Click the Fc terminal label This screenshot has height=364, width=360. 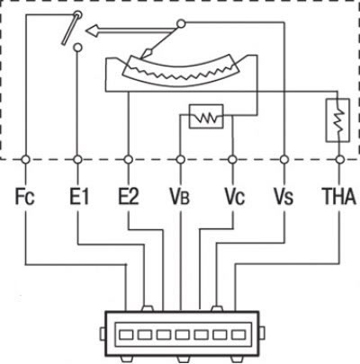[25, 197]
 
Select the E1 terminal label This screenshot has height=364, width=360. [77, 197]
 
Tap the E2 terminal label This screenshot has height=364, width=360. [129, 197]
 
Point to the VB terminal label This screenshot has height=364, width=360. [180, 197]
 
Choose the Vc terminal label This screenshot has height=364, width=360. [235, 197]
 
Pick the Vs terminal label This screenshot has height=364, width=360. [283, 197]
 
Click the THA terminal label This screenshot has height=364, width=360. [339, 197]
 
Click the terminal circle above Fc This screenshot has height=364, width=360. [25, 160]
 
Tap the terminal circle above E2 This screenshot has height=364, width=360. [129, 160]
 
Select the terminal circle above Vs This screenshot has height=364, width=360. [283, 160]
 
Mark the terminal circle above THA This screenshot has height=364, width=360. [339, 160]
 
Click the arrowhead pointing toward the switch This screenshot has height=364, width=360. [93, 31]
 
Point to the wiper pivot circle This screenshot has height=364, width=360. [181, 23]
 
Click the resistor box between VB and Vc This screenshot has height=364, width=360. [206, 116]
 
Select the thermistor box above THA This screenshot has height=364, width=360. [337, 120]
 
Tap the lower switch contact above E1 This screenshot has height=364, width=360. [77, 47]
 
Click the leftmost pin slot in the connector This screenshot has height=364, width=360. [126, 334]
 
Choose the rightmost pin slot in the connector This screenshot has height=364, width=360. [238, 334]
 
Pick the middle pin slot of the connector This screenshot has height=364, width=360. [183, 334]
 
